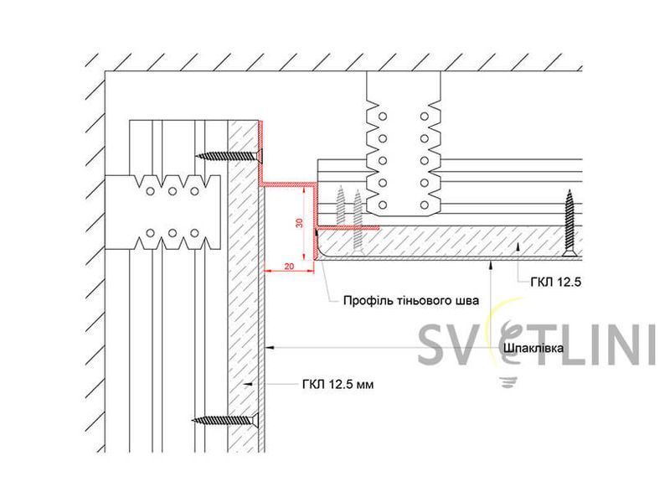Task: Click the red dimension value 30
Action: point(300,223)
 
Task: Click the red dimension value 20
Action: point(289,266)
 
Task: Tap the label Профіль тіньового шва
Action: point(411,300)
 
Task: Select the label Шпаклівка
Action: point(533,348)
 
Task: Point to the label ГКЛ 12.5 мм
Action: point(338,385)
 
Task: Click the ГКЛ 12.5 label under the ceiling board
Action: point(556,282)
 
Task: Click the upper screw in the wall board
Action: point(229,156)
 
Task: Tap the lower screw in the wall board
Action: point(226,421)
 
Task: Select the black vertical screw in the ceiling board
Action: point(569,224)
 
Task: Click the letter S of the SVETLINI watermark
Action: point(433,345)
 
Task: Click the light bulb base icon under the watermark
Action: point(508,381)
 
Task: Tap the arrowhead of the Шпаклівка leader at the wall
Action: point(269,348)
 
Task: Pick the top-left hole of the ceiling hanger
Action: point(383,117)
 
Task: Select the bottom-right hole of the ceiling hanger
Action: point(425,205)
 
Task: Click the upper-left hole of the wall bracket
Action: point(150,191)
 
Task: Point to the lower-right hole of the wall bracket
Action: point(194,233)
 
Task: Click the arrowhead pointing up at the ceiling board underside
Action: point(492,264)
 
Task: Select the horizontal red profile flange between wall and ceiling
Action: point(288,184)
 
